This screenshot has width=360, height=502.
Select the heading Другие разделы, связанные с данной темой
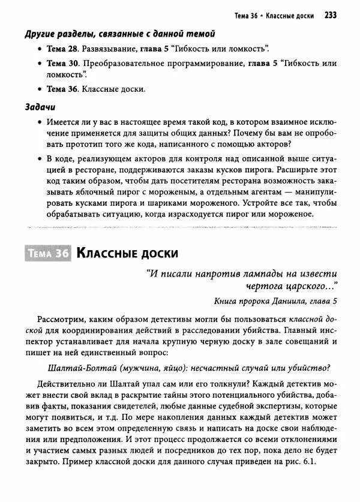(120, 34)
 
